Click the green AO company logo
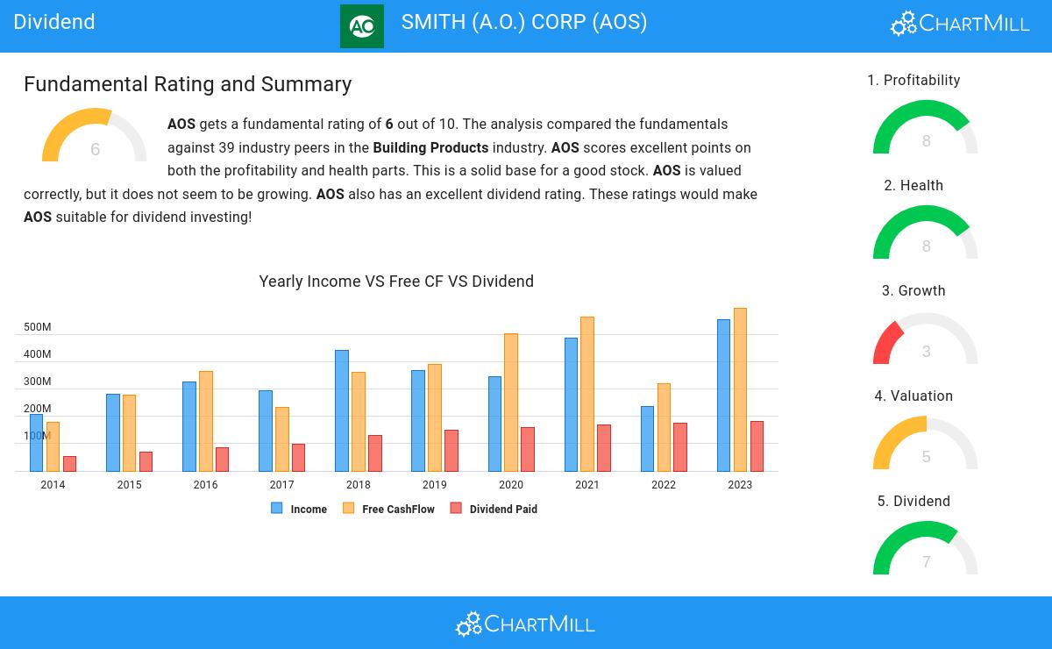click(x=361, y=26)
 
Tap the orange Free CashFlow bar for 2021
click(x=587, y=394)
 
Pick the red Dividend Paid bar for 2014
click(x=69, y=464)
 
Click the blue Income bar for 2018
click(x=341, y=410)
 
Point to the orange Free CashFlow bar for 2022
click(x=664, y=427)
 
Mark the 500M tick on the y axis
click(x=37, y=327)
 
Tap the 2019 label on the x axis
click(x=434, y=485)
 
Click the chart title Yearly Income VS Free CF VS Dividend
click(x=396, y=282)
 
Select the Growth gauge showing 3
click(x=925, y=340)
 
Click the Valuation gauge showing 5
click(x=925, y=445)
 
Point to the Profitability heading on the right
click(x=913, y=81)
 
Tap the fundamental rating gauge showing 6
click(x=95, y=139)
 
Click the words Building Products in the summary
click(x=430, y=147)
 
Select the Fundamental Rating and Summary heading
click(x=188, y=84)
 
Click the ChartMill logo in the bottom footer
click(x=525, y=624)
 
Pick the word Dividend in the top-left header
click(x=54, y=22)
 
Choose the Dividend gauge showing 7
click(x=925, y=550)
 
